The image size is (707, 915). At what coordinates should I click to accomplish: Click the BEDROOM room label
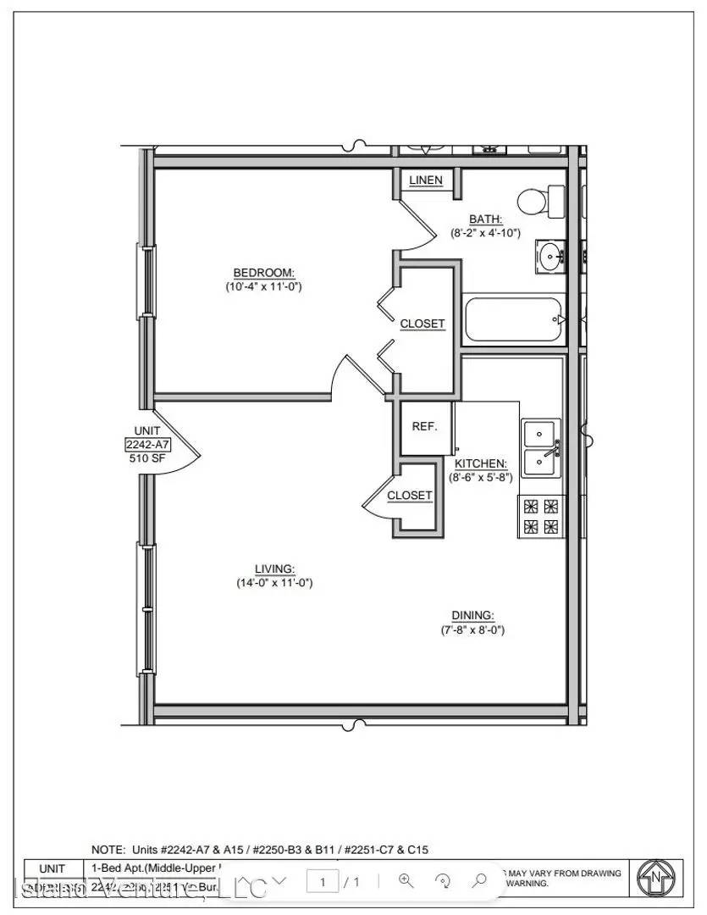[263, 272]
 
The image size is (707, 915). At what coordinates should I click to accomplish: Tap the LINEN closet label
[425, 180]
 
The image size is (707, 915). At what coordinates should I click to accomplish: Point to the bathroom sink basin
[550, 254]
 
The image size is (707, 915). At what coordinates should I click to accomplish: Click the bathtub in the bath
[514, 319]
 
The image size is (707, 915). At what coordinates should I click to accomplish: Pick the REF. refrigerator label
[424, 426]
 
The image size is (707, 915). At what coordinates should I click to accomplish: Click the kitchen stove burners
[540, 517]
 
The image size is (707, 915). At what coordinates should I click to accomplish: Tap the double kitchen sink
[540, 448]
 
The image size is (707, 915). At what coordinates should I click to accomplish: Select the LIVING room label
[275, 568]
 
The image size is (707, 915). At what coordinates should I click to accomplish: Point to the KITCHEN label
[480, 463]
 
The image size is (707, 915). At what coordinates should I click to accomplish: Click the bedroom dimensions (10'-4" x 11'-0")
[263, 286]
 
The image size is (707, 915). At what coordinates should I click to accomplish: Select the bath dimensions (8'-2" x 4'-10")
[485, 233]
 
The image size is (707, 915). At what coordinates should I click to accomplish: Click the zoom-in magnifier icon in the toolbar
[405, 881]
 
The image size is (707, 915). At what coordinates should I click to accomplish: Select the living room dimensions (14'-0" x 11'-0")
[275, 583]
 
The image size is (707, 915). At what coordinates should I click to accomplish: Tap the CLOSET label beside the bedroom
[422, 324]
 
